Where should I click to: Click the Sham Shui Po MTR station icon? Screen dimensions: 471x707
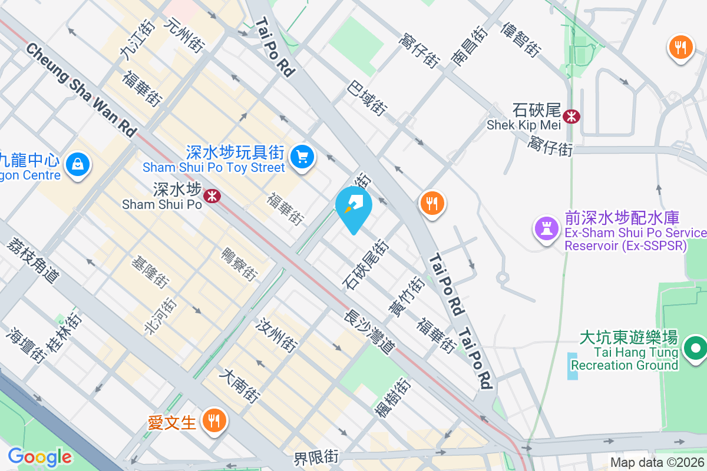212,195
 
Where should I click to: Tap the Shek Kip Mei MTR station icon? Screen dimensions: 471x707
571,116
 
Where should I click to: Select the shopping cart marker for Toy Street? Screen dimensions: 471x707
303,157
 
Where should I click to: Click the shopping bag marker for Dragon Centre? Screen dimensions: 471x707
78,164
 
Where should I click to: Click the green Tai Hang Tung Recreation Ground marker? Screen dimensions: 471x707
695,349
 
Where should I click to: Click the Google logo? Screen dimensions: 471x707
39,457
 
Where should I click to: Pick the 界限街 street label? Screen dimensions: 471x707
317,456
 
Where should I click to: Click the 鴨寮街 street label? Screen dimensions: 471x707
239,264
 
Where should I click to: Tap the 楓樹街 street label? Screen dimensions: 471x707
392,398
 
